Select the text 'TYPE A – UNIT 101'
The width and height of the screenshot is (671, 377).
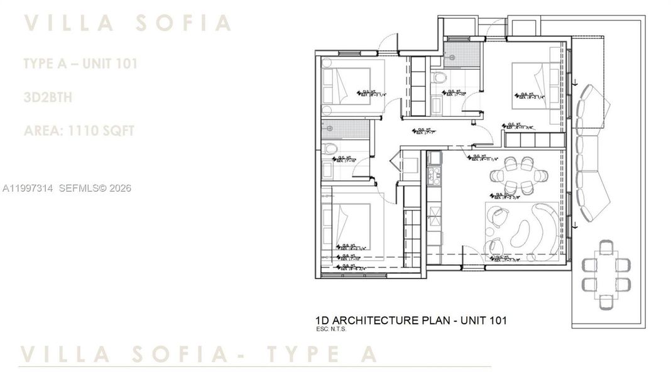pos(80,63)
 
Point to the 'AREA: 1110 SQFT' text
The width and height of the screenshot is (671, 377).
pos(79,131)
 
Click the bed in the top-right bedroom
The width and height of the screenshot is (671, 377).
pos(533,86)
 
